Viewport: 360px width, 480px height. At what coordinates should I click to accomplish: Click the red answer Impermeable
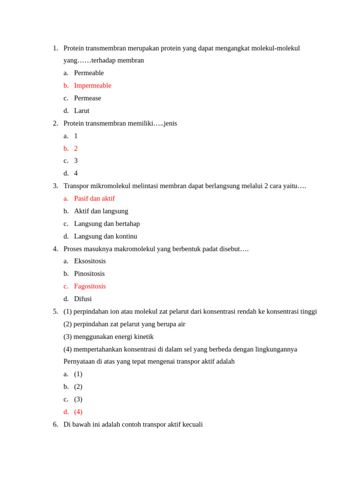coord(92,85)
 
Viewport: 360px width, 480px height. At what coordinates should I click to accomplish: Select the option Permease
coord(87,98)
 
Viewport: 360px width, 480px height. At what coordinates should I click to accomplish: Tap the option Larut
coord(82,111)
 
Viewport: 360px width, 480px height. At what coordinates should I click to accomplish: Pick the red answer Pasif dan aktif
coord(94,198)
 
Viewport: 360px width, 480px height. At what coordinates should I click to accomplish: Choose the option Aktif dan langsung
coord(101,211)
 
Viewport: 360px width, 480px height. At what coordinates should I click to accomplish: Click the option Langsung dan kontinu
coord(105,236)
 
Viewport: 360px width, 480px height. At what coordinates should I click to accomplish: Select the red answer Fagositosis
coord(90,286)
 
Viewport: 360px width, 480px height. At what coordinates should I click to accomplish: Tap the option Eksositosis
coord(90,261)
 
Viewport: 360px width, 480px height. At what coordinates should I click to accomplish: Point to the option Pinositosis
coord(89,273)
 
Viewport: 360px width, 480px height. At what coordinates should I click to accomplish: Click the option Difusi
coord(82,299)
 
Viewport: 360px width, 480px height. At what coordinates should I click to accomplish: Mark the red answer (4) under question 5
coord(78,412)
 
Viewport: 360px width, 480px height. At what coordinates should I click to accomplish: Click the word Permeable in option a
coord(89,73)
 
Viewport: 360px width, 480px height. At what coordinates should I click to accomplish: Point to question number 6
coord(55,424)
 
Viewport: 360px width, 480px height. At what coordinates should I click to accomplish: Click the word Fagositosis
coord(90,286)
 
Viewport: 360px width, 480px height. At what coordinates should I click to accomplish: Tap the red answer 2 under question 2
coord(76,148)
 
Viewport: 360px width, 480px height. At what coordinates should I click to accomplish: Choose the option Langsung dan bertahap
coord(107,224)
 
